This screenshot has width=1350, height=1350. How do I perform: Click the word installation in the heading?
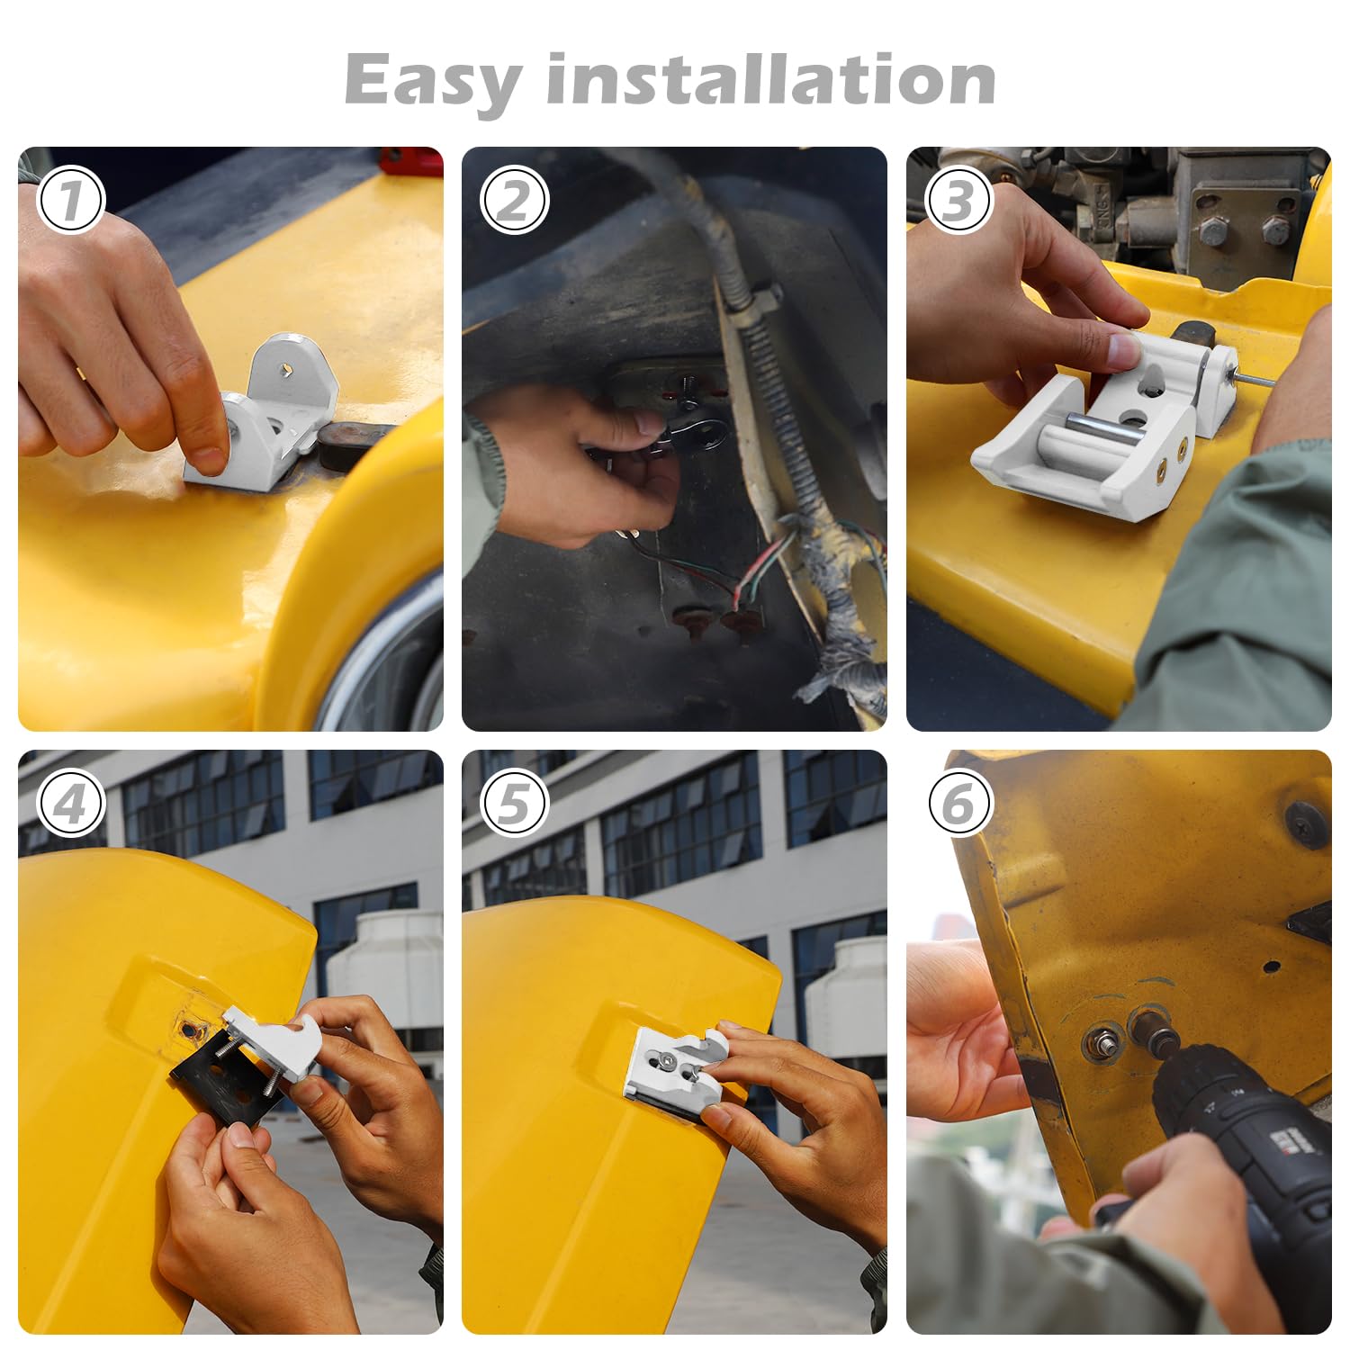(770, 79)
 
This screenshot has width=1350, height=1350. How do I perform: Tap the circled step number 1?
(70, 201)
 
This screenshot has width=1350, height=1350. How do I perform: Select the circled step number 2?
(514, 201)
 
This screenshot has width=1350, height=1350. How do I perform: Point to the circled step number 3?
(958, 201)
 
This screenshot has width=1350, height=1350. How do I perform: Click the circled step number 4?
(70, 804)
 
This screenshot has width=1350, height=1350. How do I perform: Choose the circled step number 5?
(514, 804)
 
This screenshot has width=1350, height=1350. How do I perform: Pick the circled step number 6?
(958, 804)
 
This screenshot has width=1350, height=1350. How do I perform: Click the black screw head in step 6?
(1306, 823)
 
